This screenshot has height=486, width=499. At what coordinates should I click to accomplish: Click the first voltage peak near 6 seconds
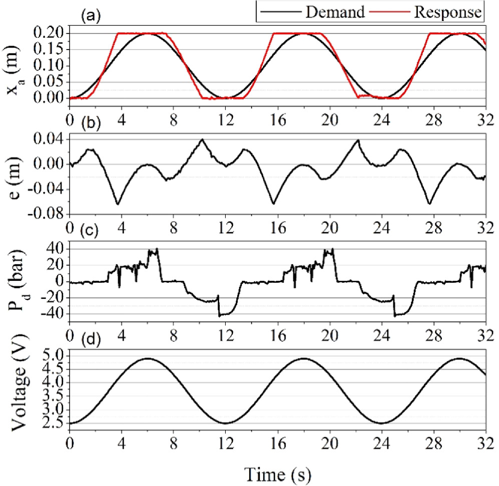(147, 358)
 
